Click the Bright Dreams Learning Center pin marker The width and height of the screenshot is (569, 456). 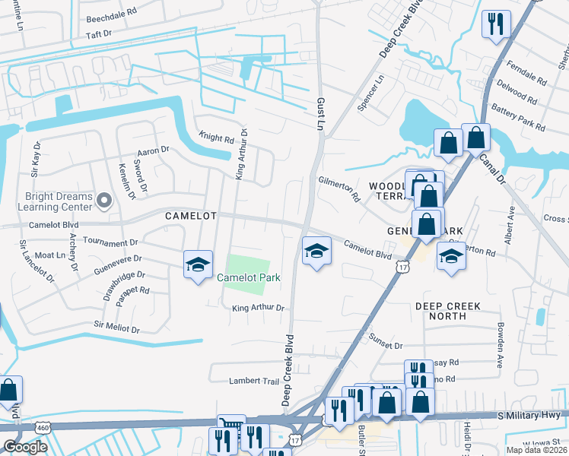105,201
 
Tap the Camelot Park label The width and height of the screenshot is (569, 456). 249,278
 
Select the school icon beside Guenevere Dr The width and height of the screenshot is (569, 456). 198,265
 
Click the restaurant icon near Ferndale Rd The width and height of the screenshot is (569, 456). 495,24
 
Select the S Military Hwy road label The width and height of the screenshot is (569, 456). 527,416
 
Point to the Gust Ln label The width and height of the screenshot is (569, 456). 321,112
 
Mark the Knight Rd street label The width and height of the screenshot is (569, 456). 217,139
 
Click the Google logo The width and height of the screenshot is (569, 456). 25,446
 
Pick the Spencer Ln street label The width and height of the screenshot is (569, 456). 374,93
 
